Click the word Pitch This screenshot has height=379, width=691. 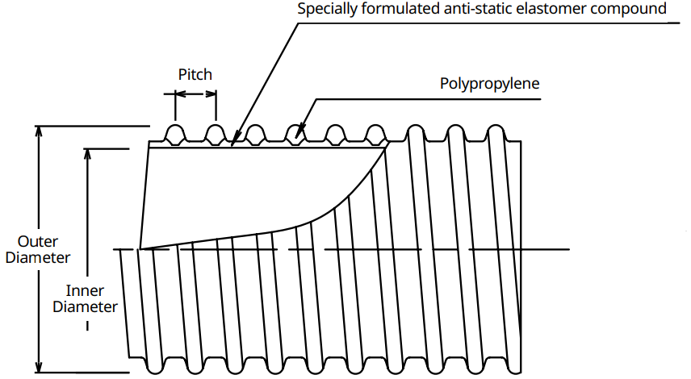195,75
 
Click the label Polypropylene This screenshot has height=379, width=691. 490,84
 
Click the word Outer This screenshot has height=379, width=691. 37,241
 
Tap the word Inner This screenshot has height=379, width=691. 85,290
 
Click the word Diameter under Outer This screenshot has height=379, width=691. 38,257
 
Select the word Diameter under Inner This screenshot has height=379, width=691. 85,306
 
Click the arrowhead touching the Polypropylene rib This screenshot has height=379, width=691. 299,132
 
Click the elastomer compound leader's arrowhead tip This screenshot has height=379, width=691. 232,145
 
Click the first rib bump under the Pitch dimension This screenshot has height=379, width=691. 175,134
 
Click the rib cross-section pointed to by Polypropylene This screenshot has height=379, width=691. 295,134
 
